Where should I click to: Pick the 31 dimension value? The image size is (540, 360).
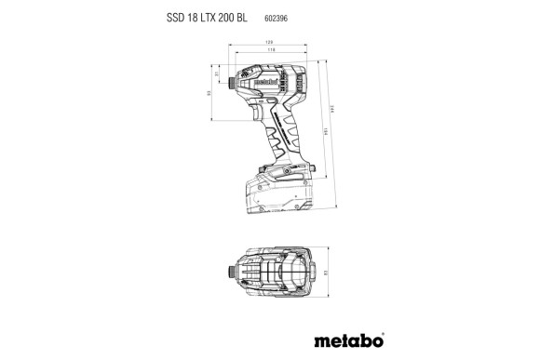click(216, 73)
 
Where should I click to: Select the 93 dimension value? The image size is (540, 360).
click(209, 92)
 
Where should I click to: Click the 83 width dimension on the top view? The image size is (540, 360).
click(327, 273)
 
